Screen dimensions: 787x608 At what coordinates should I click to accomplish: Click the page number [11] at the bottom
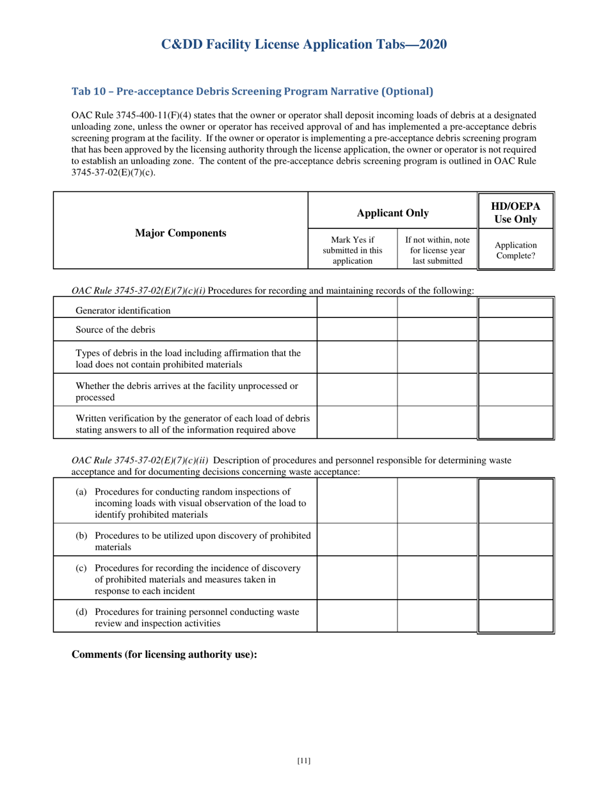click(x=304, y=761)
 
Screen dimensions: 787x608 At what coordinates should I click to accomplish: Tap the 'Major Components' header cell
click(x=180, y=233)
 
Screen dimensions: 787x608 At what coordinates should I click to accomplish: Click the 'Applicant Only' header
click(x=393, y=212)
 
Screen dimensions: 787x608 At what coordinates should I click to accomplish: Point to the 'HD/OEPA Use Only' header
click(x=515, y=212)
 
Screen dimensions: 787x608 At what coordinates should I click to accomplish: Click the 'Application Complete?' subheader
click(x=515, y=250)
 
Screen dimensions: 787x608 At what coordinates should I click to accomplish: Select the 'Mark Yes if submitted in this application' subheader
click(x=353, y=250)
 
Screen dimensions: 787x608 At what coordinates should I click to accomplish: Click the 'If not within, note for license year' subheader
click(x=437, y=250)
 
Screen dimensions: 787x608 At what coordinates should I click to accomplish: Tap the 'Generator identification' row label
click(x=124, y=311)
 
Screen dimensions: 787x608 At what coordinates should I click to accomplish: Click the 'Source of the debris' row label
click(x=115, y=330)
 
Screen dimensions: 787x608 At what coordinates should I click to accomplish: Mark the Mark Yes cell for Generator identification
click(x=357, y=308)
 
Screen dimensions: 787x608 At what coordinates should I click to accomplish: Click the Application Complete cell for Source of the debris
click(x=516, y=330)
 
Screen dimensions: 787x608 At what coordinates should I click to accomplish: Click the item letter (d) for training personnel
click(x=81, y=612)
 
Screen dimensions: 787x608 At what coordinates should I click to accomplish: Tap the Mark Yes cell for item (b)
click(x=357, y=539)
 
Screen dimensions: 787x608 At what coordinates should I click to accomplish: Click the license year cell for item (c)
click(x=437, y=578)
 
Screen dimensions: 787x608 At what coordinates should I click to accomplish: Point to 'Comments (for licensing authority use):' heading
click(x=164, y=655)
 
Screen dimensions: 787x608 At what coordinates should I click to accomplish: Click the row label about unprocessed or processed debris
click(x=187, y=391)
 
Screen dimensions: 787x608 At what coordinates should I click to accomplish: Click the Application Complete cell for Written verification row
click(x=516, y=423)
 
